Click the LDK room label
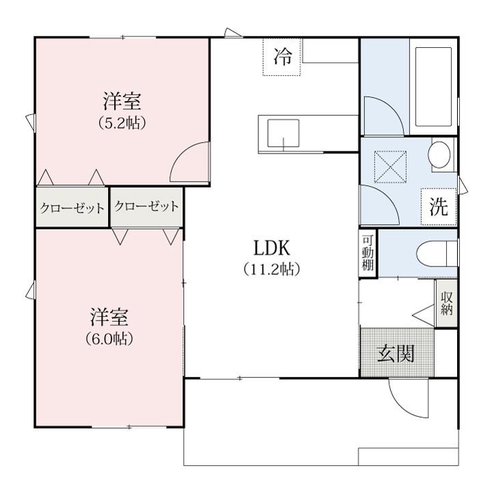point(272,248)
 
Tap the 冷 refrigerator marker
point(282,57)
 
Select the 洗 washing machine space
point(439,206)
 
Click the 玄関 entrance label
point(396,354)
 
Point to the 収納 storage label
point(446,303)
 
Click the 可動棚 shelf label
point(368,253)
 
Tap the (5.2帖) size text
point(122,123)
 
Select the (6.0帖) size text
point(109,339)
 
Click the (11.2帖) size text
point(272,269)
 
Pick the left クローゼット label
point(72,208)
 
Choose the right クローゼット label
point(146,206)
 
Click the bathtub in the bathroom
point(433,87)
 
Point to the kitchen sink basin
point(283,133)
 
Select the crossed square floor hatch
point(391,167)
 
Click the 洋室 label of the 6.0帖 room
point(109,317)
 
